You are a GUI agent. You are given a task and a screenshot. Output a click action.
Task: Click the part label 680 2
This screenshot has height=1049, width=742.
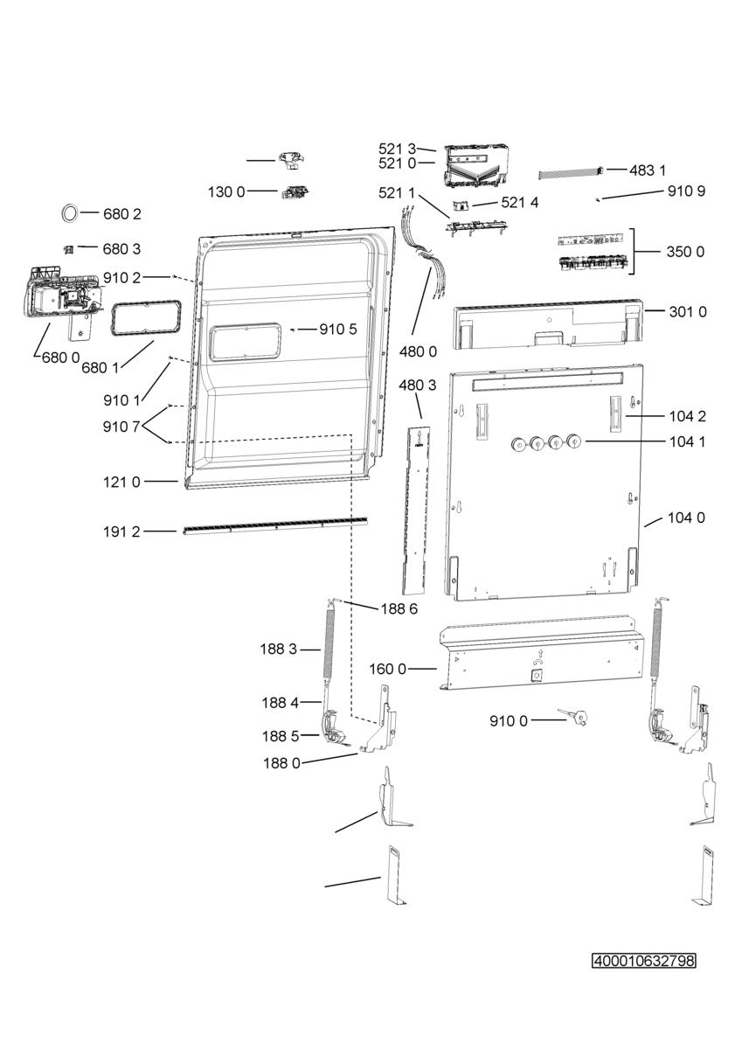(x=121, y=214)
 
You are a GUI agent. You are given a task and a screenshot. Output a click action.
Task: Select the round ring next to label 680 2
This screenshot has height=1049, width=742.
(x=69, y=212)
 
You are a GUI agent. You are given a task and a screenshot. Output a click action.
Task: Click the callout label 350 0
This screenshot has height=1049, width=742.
(x=685, y=252)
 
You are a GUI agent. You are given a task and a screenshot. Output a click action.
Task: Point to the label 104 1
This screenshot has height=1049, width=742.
(x=687, y=441)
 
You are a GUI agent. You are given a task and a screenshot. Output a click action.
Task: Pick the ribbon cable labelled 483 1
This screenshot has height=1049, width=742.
(x=570, y=173)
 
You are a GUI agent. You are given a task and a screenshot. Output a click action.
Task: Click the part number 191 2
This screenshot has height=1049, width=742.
(x=121, y=531)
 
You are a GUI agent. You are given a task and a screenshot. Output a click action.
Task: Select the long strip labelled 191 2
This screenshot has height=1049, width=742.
(x=274, y=525)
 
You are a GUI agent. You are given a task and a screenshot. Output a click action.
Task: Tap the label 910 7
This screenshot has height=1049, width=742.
(x=121, y=427)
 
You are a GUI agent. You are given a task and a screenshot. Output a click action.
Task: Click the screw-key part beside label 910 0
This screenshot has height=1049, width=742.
(x=575, y=716)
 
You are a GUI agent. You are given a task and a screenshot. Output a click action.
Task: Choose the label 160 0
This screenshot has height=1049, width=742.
(x=388, y=670)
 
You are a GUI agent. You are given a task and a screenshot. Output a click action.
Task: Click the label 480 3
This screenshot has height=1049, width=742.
(x=418, y=385)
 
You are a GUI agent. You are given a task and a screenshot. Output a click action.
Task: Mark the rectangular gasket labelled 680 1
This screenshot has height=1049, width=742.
(x=146, y=318)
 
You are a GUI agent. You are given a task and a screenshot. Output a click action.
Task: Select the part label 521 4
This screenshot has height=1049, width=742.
(x=520, y=202)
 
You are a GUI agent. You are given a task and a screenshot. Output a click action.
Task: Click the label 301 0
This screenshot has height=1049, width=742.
(x=688, y=311)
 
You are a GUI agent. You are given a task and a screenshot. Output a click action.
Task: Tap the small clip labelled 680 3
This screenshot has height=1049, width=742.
(x=69, y=250)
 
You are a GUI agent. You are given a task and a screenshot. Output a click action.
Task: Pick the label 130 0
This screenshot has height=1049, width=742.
(x=226, y=191)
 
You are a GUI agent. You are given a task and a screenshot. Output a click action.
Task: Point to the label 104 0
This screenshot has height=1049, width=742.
(x=686, y=518)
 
